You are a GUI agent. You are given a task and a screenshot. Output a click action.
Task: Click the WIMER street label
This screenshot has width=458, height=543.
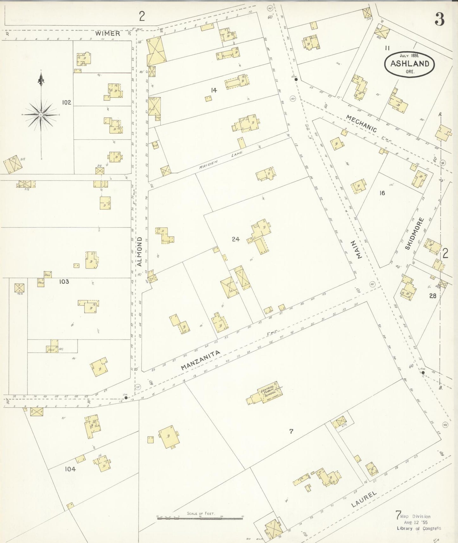point(108,33)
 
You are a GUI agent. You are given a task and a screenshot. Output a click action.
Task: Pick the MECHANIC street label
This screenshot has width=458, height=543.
point(361,124)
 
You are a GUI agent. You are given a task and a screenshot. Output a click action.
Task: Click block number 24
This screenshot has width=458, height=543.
point(235,239)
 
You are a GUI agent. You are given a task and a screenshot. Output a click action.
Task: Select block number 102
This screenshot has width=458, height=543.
point(67,102)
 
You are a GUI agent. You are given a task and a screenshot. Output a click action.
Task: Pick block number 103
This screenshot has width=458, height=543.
point(64,281)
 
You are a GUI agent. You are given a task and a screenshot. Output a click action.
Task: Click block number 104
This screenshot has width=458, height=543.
point(70,469)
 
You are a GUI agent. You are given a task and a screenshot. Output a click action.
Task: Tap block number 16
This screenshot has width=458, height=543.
point(382,193)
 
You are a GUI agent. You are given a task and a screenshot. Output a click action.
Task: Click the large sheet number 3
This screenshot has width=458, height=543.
point(439,20)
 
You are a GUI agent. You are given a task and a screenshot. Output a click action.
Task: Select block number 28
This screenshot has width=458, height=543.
point(433,296)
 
